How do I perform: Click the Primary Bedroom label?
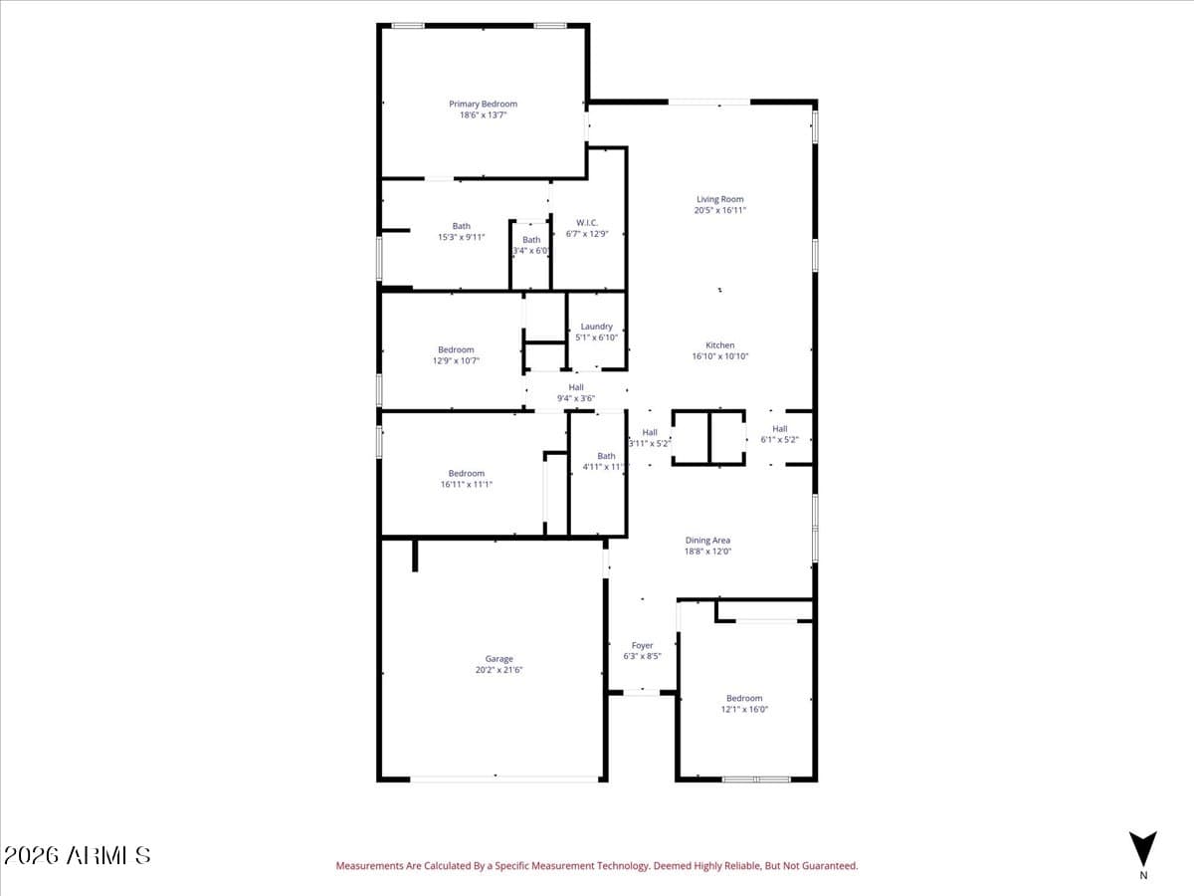tap(483, 104)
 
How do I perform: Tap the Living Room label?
tap(719, 199)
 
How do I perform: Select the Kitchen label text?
tap(719, 345)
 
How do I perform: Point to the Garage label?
tap(498, 659)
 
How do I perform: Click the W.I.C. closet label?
tap(586, 222)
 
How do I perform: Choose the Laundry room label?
tap(596, 327)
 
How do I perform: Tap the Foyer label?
tap(642, 646)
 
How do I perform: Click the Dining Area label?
tap(707, 541)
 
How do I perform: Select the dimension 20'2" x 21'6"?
tap(498, 670)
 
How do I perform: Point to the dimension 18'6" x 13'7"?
tap(483, 115)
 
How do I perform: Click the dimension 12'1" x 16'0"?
tap(744, 709)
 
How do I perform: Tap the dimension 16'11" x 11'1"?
tap(466, 484)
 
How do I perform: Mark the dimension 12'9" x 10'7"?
tap(456, 360)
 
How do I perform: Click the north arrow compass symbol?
tap(1142, 849)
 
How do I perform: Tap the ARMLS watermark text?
tap(77, 855)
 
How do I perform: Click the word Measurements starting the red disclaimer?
tap(369, 866)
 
